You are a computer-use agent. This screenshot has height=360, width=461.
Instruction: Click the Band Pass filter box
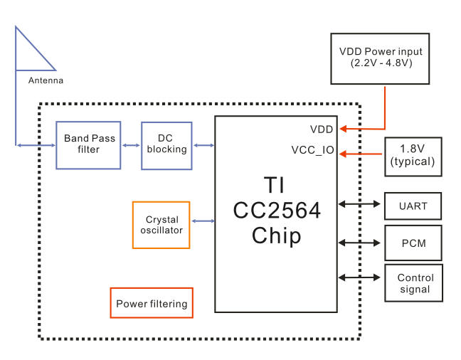coord(88,144)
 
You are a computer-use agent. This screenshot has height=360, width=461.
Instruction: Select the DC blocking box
coord(166,145)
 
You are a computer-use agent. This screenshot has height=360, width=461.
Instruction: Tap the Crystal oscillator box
coord(161,225)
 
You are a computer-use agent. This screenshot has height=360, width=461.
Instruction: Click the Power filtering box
coord(152,303)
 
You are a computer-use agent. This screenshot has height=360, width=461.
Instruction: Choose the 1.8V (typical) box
coord(413,156)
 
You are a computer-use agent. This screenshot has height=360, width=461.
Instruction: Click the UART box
coord(413,206)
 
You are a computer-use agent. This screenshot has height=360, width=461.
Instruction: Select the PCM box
coord(413,243)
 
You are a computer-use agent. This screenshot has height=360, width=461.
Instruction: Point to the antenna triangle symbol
coord(28,53)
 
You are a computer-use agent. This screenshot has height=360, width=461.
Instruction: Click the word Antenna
coord(46,80)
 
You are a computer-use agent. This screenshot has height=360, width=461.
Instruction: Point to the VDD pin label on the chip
coord(322,129)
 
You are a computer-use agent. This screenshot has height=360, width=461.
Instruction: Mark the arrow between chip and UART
coord(361,204)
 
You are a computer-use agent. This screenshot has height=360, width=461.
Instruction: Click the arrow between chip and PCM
coord(361,243)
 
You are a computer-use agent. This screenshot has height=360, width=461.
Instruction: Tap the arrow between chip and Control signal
coord(361,277)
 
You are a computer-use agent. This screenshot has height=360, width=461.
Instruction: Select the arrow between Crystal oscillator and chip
coord(203,221)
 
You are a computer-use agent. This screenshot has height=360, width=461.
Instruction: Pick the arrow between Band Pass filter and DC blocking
coord(131,145)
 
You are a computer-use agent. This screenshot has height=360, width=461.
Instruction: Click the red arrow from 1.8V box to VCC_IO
coord(361,153)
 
